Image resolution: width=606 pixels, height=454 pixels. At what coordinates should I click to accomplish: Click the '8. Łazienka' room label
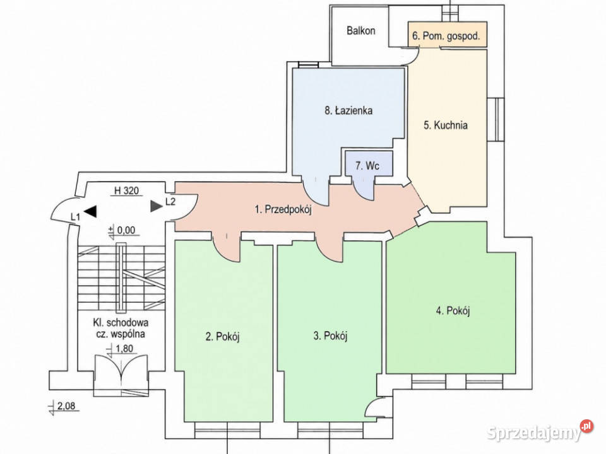coord(348,111)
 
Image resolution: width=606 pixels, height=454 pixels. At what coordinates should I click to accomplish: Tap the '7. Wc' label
coord(367,166)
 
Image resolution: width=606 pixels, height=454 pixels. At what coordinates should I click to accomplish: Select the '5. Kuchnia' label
coord(446,125)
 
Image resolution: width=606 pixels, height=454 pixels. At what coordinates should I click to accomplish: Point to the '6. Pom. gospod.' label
coord(446,36)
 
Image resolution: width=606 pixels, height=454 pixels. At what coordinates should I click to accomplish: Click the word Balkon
coord(360,30)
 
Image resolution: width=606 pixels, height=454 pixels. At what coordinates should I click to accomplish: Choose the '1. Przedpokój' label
coord(283,209)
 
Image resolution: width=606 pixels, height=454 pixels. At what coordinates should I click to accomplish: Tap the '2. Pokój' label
coord(223,337)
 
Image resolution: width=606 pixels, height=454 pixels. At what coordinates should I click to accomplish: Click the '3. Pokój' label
coord(330,336)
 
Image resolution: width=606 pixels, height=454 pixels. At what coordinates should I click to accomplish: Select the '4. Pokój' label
coord(453,310)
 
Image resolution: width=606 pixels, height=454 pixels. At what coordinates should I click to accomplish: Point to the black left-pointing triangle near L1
coord(90,211)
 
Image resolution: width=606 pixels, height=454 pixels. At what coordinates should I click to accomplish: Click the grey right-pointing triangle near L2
coord(156,206)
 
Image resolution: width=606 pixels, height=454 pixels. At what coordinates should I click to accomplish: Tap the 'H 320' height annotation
coord(126,190)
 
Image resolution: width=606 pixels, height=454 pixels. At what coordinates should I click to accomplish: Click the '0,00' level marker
coord(123,231)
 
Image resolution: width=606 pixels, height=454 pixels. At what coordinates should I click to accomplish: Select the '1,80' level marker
coord(121,349)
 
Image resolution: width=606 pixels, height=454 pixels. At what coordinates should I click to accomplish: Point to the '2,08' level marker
coord(64,407)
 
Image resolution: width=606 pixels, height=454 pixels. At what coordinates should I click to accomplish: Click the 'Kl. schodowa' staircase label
coord(121,323)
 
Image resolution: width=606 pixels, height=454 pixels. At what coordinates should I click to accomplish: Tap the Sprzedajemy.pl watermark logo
coord(540,431)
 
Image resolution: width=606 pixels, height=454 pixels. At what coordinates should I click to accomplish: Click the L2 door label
coord(170,202)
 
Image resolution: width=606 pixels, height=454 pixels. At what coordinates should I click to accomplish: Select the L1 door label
coord(75,218)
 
